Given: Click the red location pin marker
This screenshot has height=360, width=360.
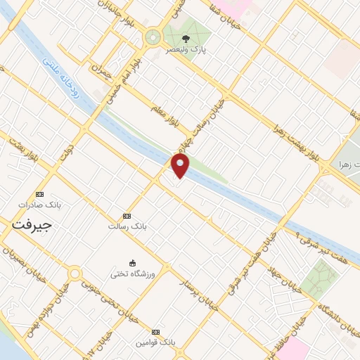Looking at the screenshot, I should tap(181, 167).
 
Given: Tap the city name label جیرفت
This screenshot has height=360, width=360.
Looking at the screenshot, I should tap(33, 225).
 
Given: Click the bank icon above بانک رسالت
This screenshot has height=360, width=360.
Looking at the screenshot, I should tap(127, 216).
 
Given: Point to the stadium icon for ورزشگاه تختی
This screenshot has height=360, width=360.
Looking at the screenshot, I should tap(131, 263).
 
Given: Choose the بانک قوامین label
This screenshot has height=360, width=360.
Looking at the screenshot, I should tap(155, 342).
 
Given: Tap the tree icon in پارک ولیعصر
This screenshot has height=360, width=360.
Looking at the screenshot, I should tap(186, 39).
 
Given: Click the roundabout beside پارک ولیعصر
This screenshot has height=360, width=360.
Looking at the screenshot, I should tap(152, 37).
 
